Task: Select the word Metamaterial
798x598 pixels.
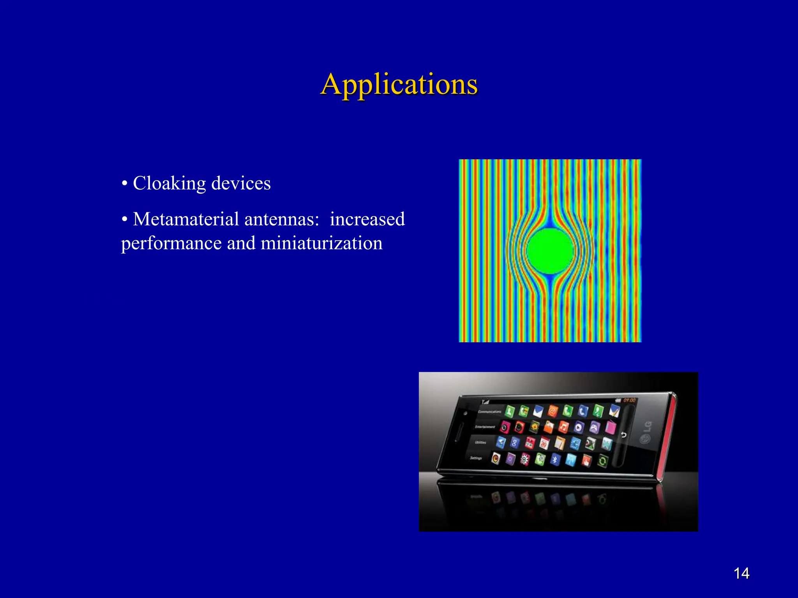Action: (x=186, y=219)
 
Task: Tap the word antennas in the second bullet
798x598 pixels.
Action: (x=282, y=219)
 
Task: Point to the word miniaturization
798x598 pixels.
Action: (x=321, y=243)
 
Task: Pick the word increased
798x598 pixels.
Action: (x=367, y=219)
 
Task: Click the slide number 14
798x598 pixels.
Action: (x=741, y=573)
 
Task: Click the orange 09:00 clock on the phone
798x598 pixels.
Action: (x=629, y=400)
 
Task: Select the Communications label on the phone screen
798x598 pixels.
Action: (x=490, y=412)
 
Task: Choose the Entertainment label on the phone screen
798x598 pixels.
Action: (x=485, y=427)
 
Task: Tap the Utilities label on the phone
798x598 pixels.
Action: (x=480, y=443)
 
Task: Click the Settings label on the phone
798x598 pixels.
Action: (x=476, y=458)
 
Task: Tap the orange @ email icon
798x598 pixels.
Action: (x=552, y=411)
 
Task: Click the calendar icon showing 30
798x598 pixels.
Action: (x=544, y=443)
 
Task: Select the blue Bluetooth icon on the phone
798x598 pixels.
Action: (x=555, y=460)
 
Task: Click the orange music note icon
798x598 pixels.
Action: (x=563, y=427)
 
